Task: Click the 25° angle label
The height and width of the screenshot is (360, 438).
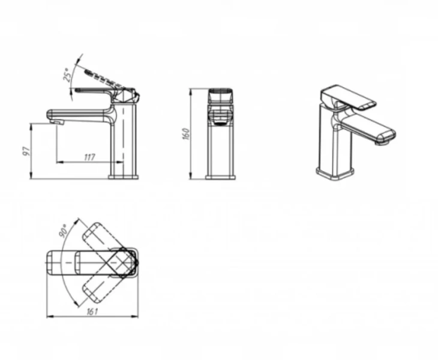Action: (67, 74)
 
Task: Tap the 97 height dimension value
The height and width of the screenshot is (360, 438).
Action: (26, 151)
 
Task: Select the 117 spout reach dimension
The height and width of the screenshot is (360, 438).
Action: (89, 157)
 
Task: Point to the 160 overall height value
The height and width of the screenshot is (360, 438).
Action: (187, 134)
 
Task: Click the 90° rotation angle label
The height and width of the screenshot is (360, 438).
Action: (64, 230)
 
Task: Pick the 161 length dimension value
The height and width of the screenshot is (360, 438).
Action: (92, 311)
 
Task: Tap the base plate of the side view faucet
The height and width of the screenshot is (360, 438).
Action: (123, 177)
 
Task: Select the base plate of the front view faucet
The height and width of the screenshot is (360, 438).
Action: (220, 177)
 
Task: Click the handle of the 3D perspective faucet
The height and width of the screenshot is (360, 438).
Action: (348, 97)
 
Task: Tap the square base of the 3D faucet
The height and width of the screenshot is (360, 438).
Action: (335, 173)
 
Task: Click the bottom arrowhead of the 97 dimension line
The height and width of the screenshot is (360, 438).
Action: (31, 175)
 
